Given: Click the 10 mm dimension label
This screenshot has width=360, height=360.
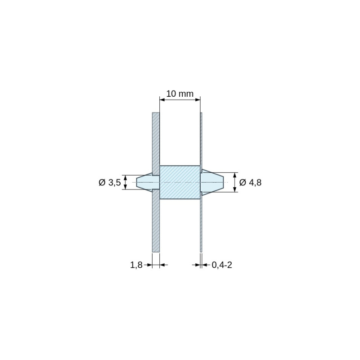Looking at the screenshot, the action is (180, 94).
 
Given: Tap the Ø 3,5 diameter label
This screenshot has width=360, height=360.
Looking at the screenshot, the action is (110, 183).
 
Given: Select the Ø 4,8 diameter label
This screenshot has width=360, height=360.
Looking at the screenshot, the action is (250, 183).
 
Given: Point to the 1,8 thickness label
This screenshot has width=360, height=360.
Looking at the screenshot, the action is (136, 265).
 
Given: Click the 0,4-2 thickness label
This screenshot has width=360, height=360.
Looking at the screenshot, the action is (222, 265).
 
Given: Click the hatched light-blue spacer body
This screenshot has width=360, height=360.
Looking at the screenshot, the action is (180, 182).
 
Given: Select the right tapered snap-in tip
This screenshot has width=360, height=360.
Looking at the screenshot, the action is (212, 182).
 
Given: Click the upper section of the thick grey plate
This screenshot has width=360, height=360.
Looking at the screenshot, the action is (156, 144).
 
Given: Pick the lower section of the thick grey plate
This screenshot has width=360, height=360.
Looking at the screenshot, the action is (156, 220).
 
